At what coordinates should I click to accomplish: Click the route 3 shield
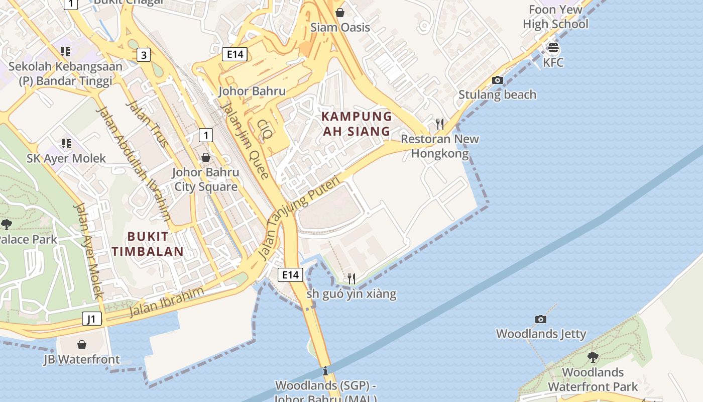click(144, 55)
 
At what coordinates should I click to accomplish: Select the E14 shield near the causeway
click(290, 274)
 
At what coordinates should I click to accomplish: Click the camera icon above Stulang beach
click(497, 80)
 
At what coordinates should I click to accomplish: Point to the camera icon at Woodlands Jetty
click(540, 319)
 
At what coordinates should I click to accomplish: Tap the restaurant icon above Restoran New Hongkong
click(440, 124)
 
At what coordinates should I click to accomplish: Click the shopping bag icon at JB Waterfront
click(82, 345)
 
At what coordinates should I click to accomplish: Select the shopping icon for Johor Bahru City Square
click(205, 157)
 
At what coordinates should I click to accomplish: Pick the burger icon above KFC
click(553, 48)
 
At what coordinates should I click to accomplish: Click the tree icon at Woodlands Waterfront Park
click(593, 357)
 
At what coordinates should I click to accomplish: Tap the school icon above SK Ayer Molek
click(66, 144)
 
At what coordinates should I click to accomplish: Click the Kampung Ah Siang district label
click(357, 124)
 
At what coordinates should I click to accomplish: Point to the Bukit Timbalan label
click(148, 244)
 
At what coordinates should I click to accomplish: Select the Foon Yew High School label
click(555, 17)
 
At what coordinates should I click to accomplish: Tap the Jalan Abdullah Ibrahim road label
click(133, 164)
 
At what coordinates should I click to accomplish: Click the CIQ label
click(265, 129)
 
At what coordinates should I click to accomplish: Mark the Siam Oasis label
click(340, 27)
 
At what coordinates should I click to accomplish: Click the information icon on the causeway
click(325, 371)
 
